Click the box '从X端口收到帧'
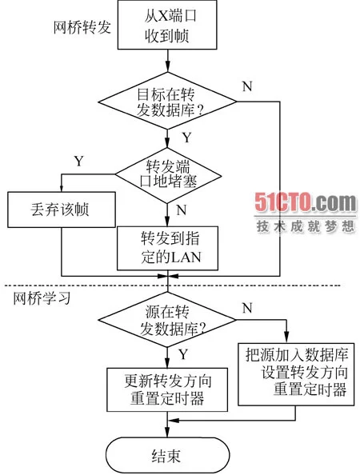(167, 25)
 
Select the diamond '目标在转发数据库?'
(167, 102)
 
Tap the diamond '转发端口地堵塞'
(167, 175)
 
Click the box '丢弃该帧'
(62, 210)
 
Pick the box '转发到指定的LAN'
(167, 249)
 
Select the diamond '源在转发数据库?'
(167, 320)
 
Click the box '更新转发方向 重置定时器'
(167, 389)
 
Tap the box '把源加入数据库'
(296, 374)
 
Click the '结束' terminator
(167, 455)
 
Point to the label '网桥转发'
(82, 27)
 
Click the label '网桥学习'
(42, 299)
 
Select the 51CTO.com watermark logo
(306, 202)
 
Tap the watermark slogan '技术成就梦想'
(306, 226)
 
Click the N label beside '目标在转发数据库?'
(247, 86)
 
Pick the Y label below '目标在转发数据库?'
(187, 138)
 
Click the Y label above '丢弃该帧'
(78, 161)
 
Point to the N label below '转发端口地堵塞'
(182, 210)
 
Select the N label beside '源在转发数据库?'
(247, 309)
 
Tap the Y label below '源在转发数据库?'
(183, 354)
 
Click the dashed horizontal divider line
(172, 285)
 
